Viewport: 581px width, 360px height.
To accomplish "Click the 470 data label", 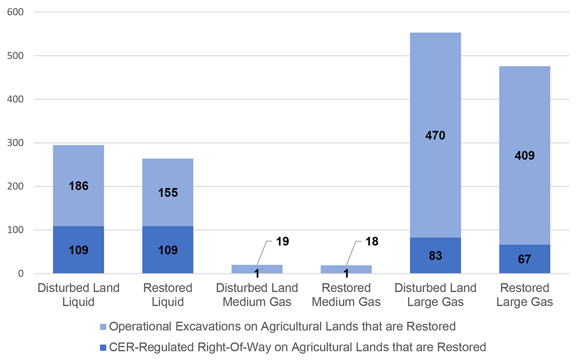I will click(x=435, y=136).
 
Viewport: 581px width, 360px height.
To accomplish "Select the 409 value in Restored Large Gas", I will click(x=524, y=156).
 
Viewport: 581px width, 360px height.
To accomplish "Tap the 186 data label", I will click(x=78, y=186).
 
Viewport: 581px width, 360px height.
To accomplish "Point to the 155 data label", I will click(x=168, y=193).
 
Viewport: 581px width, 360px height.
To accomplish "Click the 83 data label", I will click(x=435, y=255).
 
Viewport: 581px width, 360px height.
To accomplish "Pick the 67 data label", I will click(x=524, y=259).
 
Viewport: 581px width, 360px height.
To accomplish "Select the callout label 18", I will click(x=371, y=241).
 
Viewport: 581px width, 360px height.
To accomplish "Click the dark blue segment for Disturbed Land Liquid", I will click(x=78, y=261).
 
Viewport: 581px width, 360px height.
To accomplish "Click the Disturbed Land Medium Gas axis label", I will click(x=257, y=295).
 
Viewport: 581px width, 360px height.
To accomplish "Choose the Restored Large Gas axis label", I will click(x=524, y=295).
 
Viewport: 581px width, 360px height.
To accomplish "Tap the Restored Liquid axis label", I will click(x=168, y=295).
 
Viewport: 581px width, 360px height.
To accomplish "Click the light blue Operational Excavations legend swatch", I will click(x=102, y=327).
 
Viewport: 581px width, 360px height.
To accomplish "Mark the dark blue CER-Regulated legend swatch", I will click(x=102, y=347).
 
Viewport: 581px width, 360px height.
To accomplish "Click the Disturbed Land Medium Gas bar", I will click(x=257, y=269).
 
